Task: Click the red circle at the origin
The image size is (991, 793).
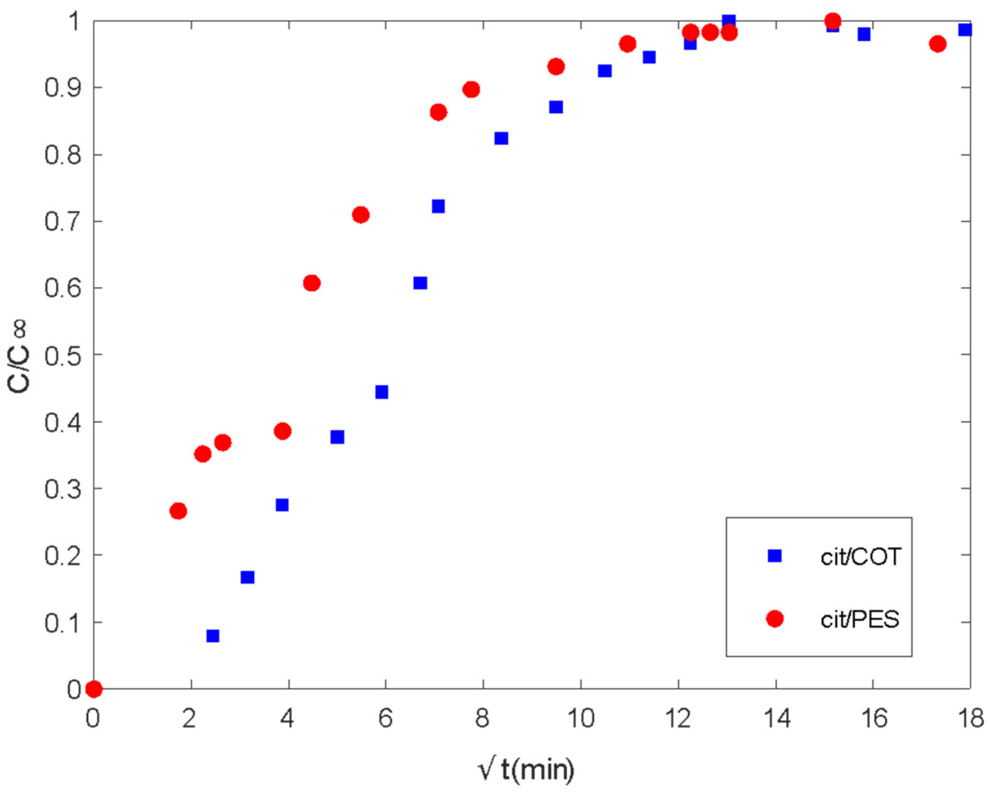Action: tap(94, 689)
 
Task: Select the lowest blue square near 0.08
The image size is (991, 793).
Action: tap(213, 636)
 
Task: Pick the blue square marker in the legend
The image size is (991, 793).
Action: tap(775, 556)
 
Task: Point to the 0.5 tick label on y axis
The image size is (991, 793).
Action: tap(63, 355)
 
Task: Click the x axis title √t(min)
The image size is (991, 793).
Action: tap(526, 769)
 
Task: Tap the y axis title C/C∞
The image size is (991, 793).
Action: tap(18, 357)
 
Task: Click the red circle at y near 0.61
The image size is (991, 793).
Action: tap(311, 283)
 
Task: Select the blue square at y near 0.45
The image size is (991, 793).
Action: tap(382, 392)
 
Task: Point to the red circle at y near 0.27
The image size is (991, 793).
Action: tap(178, 511)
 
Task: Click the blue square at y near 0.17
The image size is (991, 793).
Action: tap(247, 577)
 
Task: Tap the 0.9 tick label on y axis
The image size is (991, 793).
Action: tap(63, 87)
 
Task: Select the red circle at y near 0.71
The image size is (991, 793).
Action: tap(361, 215)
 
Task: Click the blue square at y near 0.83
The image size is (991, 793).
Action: tap(501, 138)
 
